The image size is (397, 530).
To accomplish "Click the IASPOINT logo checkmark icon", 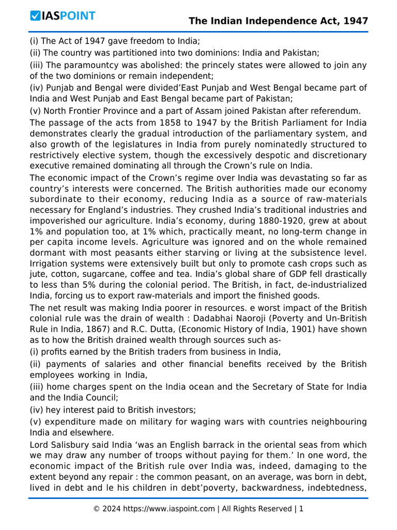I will point(35,16).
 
